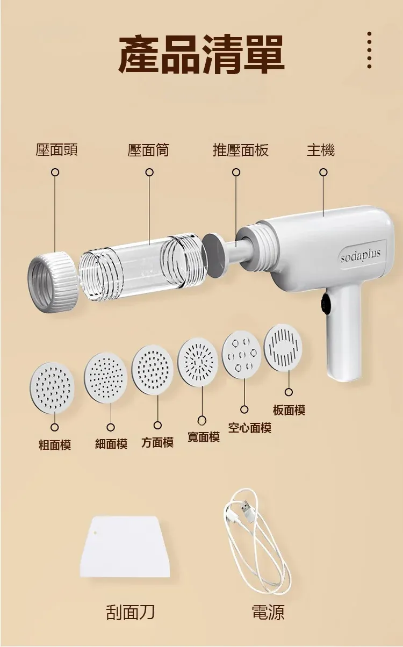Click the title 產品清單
click(201, 54)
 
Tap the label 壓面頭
click(56, 150)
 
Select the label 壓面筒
click(148, 150)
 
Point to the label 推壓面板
click(241, 150)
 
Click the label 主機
click(321, 150)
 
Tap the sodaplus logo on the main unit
click(361, 256)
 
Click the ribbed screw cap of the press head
click(53, 282)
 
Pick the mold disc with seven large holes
click(241, 355)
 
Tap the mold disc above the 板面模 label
click(283, 348)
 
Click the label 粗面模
click(55, 445)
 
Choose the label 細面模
click(111, 444)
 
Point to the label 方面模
click(157, 442)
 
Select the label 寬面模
click(204, 437)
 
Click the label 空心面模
click(250, 428)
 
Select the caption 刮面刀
click(130, 612)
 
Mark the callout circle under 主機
click(323, 172)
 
